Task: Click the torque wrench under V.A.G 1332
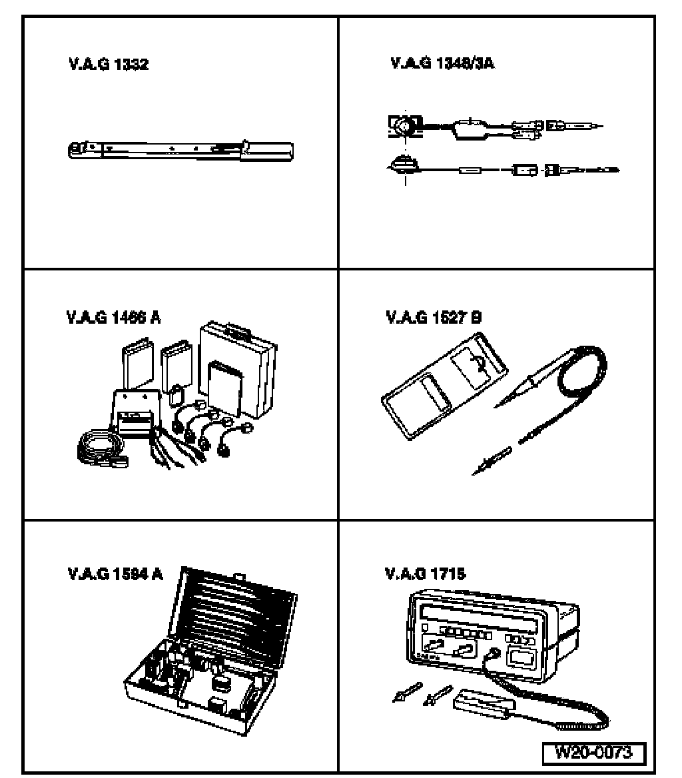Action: (x=180, y=150)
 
